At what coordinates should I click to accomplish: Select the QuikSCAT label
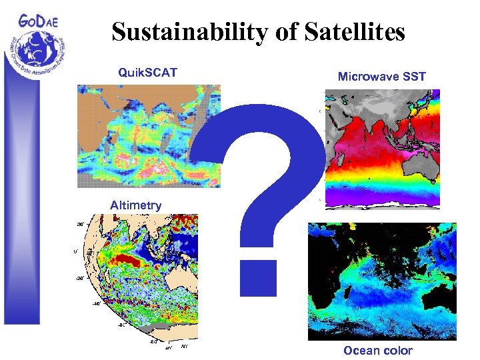(x=147, y=72)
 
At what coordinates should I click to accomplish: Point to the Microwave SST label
(x=381, y=77)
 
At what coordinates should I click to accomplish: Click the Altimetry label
(x=135, y=205)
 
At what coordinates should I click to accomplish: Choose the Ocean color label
(x=377, y=351)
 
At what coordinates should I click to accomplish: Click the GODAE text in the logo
(x=39, y=20)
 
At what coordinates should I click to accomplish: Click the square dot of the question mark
(x=258, y=277)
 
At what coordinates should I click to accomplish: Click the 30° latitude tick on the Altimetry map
(x=79, y=224)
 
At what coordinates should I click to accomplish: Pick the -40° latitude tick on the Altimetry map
(x=96, y=304)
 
